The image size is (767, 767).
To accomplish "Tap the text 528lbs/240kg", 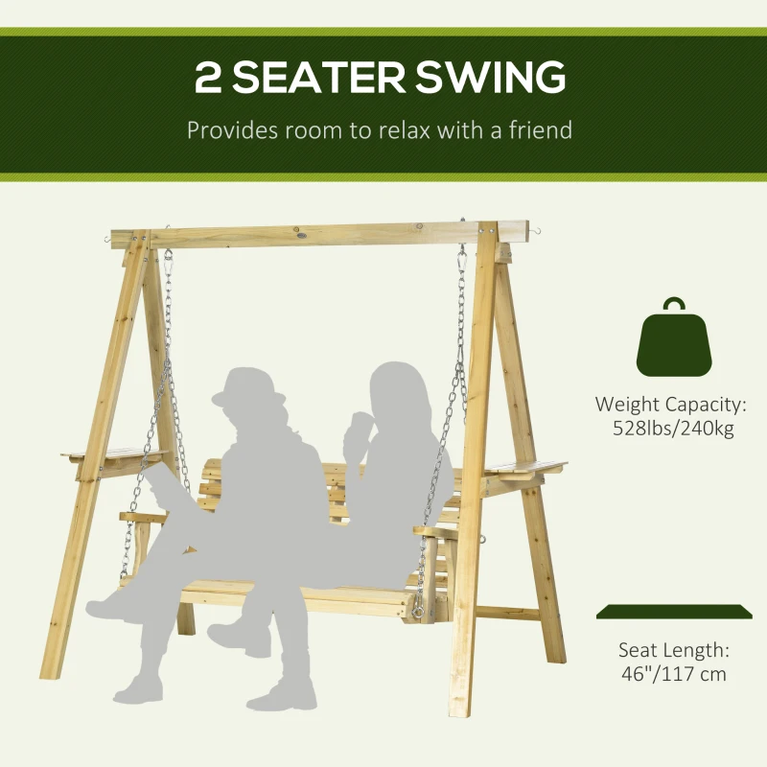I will click(673, 429).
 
